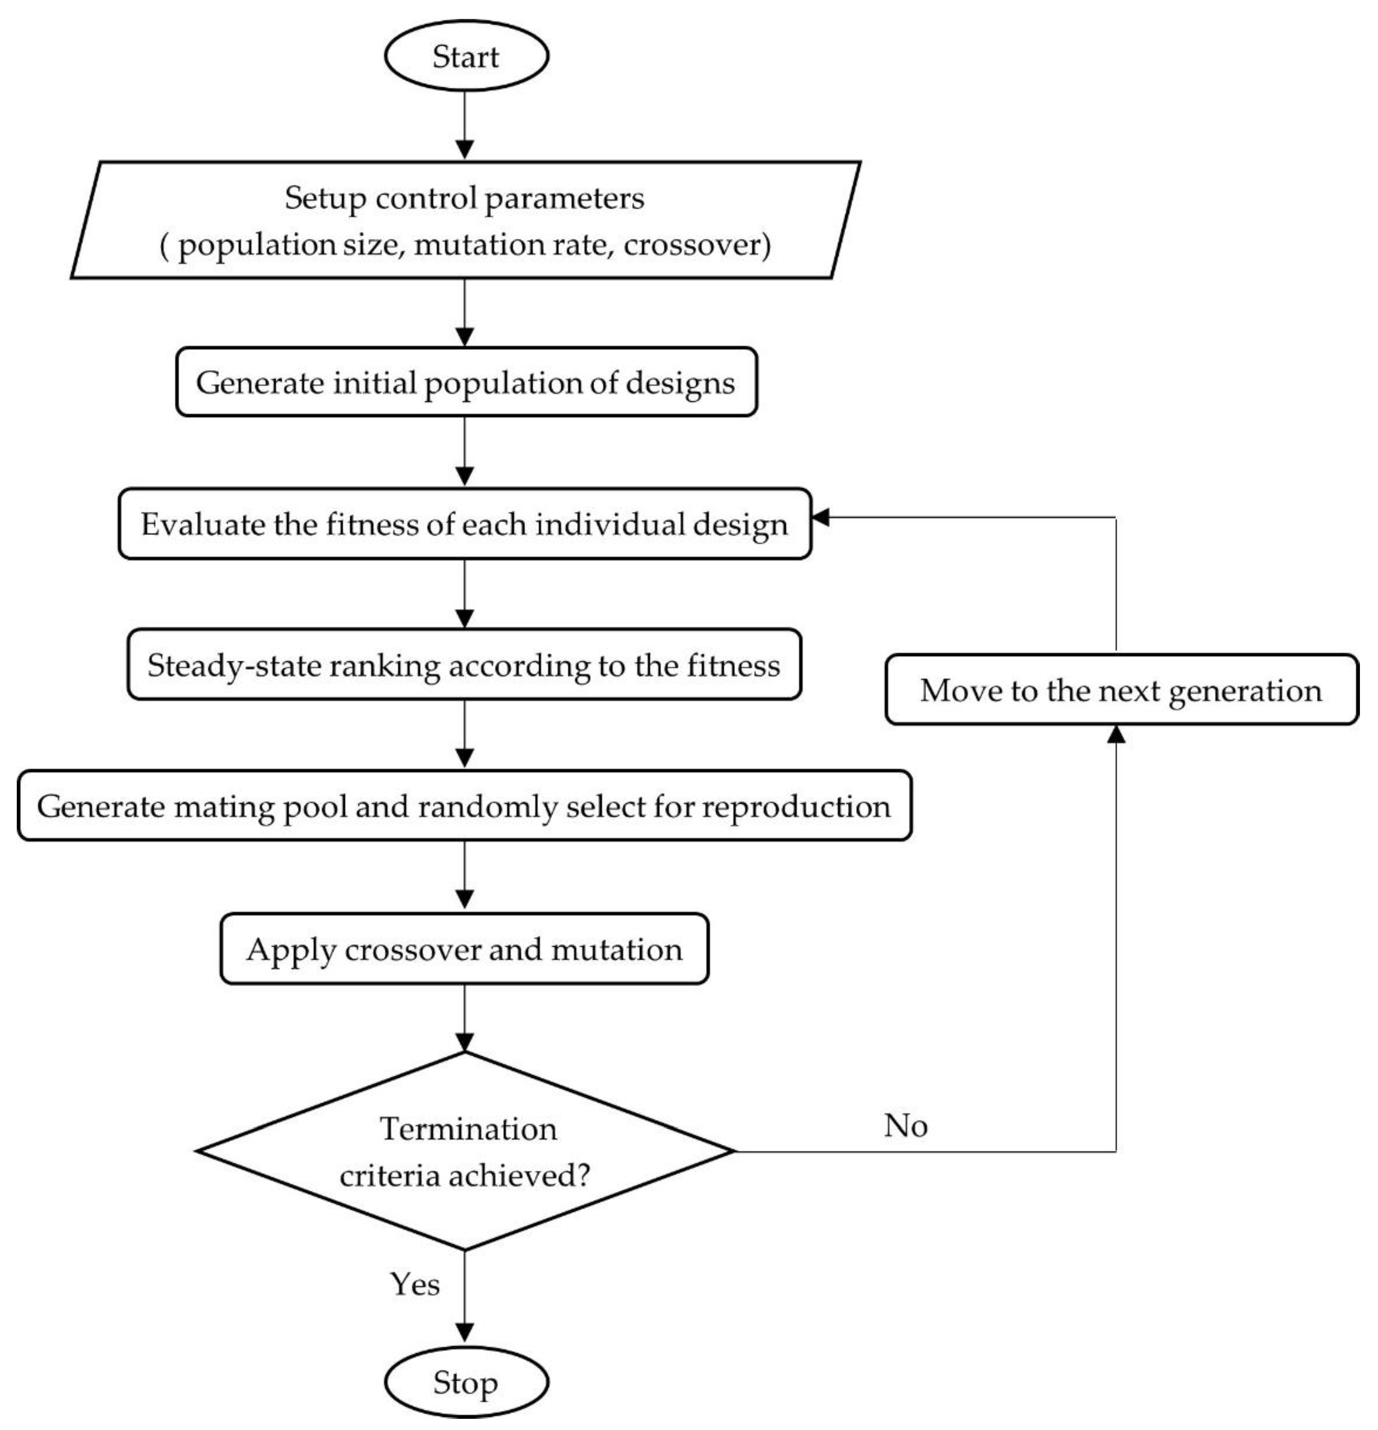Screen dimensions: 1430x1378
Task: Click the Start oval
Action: [465, 56]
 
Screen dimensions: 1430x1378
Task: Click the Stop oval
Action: [465, 1383]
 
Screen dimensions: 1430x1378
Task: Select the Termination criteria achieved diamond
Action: [465, 1152]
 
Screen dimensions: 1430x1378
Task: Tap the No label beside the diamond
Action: [905, 1126]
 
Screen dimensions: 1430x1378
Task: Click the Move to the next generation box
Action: [1121, 690]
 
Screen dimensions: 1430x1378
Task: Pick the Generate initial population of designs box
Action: [465, 382]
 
